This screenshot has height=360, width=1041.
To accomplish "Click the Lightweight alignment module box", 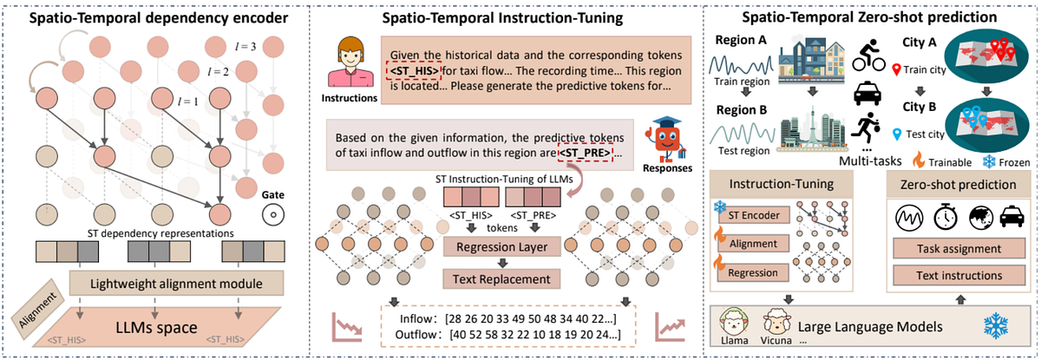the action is coord(165,283).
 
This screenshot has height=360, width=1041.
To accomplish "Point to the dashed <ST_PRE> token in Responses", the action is coord(584,154).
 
